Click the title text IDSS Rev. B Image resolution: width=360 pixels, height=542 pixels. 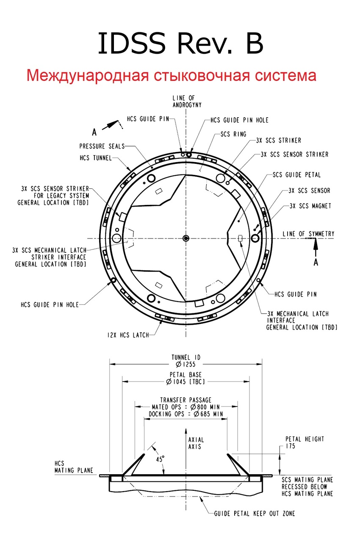click(x=180, y=43)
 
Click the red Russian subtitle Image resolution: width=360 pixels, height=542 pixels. click(x=171, y=75)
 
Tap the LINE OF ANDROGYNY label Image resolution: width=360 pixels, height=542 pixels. click(x=187, y=101)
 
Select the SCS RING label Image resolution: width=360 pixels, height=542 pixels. click(x=233, y=134)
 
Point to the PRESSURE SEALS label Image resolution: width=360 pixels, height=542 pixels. click(x=102, y=146)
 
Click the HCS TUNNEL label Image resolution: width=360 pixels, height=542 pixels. click(x=96, y=158)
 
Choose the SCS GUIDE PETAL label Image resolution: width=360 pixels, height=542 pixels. click(x=296, y=175)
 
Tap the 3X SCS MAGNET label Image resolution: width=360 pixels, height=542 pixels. click(x=310, y=206)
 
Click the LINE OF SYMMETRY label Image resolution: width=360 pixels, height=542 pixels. click(x=308, y=234)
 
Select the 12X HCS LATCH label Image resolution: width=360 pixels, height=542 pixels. click(x=128, y=335)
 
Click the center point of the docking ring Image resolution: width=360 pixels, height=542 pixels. click(x=186, y=238)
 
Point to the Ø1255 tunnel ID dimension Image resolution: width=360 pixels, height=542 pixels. click(x=186, y=364)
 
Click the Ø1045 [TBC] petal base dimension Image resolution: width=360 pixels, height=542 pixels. click(x=186, y=382)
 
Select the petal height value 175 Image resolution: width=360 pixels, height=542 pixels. click(x=290, y=446)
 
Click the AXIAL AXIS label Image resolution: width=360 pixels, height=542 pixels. click(x=196, y=443)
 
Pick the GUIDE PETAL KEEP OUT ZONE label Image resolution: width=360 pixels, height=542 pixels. click(x=255, y=514)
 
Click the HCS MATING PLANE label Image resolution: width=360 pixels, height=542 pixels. click(x=74, y=467)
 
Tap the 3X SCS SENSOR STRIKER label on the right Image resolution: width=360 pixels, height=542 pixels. click(x=294, y=155)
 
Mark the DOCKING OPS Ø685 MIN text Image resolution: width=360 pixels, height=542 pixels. click(x=186, y=414)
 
